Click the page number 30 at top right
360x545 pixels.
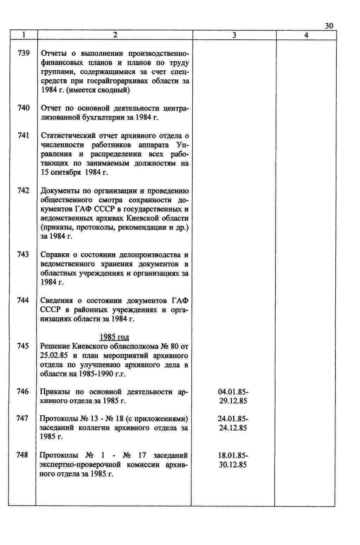[x=329, y=26]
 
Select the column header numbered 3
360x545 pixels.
[x=234, y=35]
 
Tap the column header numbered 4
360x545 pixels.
[x=306, y=35]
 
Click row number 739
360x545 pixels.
[x=23, y=53]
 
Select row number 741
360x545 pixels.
[x=23, y=136]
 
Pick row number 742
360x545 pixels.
[x=23, y=191]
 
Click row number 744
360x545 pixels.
[x=23, y=300]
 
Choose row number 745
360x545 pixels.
[x=23, y=346]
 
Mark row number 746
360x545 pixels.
[x=22, y=392]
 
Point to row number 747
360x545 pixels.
[x=22, y=419]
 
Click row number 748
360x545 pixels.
[x=22, y=455]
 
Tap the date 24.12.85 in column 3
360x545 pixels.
[x=233, y=428]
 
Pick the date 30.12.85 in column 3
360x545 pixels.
[x=233, y=465]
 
